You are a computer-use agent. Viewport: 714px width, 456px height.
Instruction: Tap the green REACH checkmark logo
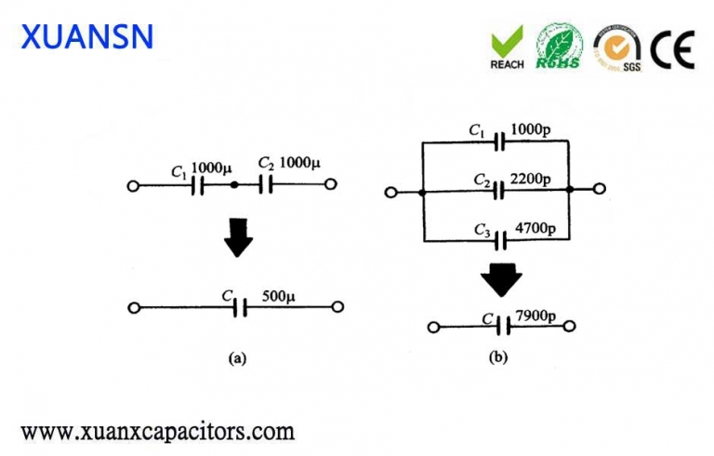point(507,47)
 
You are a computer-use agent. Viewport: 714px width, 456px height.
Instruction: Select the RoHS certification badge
point(561,47)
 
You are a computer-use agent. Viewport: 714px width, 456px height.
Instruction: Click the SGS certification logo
point(617,47)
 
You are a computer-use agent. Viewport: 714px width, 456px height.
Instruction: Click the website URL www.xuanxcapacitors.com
point(157,432)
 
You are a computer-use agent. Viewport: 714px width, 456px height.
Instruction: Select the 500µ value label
point(278,297)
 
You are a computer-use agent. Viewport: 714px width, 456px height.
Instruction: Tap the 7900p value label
point(535,317)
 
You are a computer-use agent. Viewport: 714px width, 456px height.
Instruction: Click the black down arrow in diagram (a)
point(239,238)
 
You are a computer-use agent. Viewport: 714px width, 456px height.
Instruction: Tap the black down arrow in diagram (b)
point(501,279)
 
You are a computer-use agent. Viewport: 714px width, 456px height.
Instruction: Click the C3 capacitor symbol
point(500,240)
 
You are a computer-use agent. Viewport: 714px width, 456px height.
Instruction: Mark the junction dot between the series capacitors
point(233,185)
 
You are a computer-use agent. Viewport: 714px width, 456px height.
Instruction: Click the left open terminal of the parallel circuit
point(391,193)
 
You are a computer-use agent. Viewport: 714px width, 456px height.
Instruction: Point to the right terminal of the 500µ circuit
point(339,306)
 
